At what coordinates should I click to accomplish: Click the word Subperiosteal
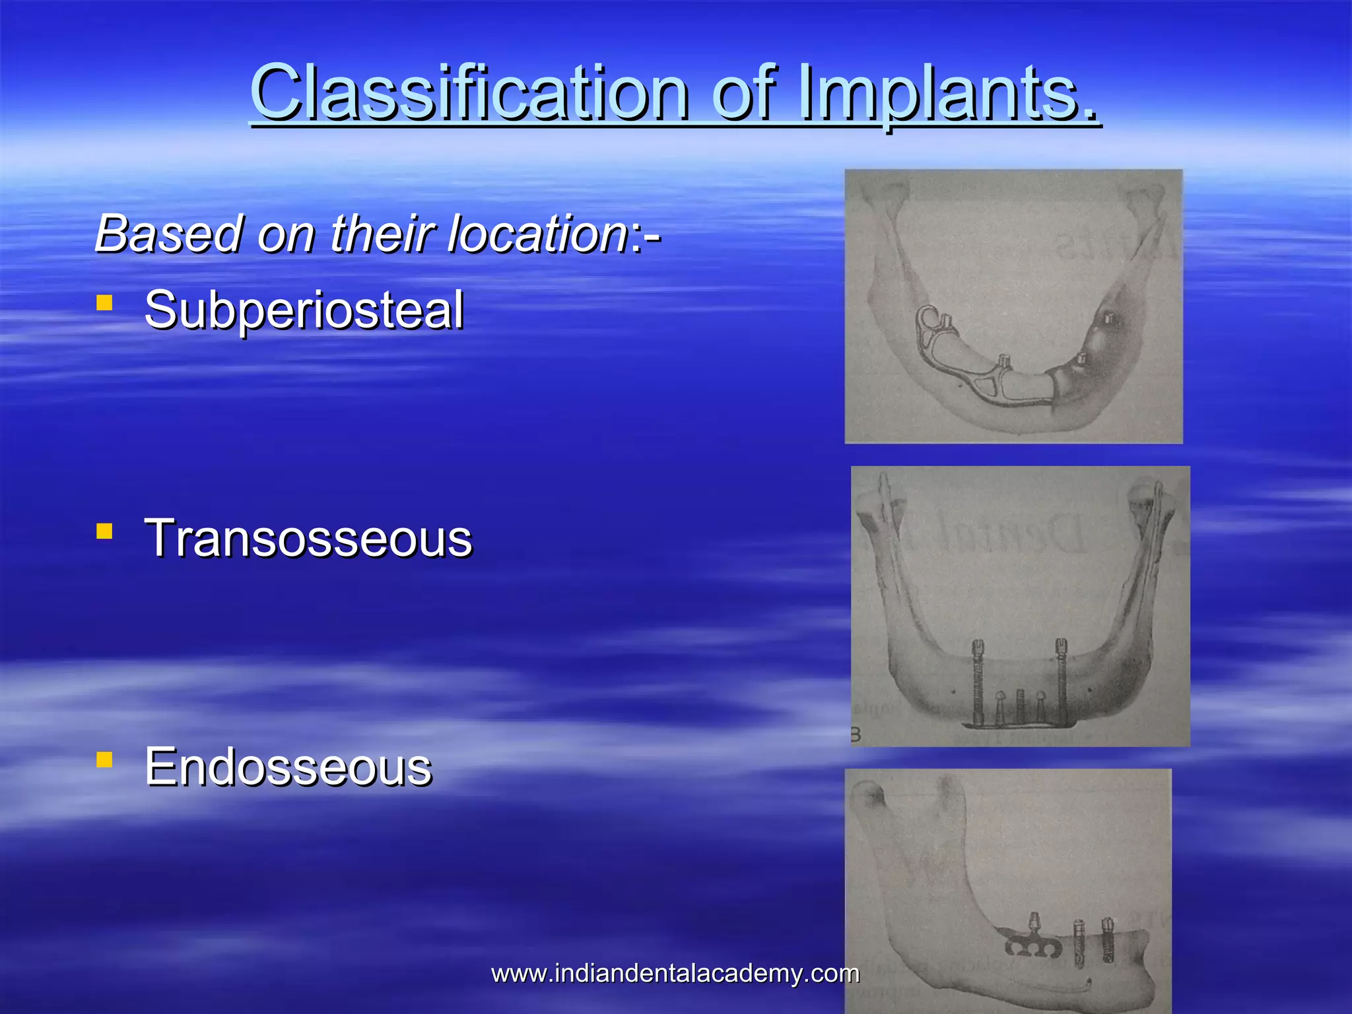tap(304, 310)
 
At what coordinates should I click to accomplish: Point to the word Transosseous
tap(308, 538)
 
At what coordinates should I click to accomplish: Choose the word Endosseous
tap(288, 767)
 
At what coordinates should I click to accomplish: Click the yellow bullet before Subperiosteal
tap(104, 302)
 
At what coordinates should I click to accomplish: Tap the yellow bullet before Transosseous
tap(104, 531)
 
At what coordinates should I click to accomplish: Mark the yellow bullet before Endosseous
tap(104, 759)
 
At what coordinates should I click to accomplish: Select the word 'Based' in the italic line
tap(169, 234)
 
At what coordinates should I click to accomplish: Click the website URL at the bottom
tap(675, 973)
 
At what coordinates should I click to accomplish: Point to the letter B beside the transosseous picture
tap(856, 735)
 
